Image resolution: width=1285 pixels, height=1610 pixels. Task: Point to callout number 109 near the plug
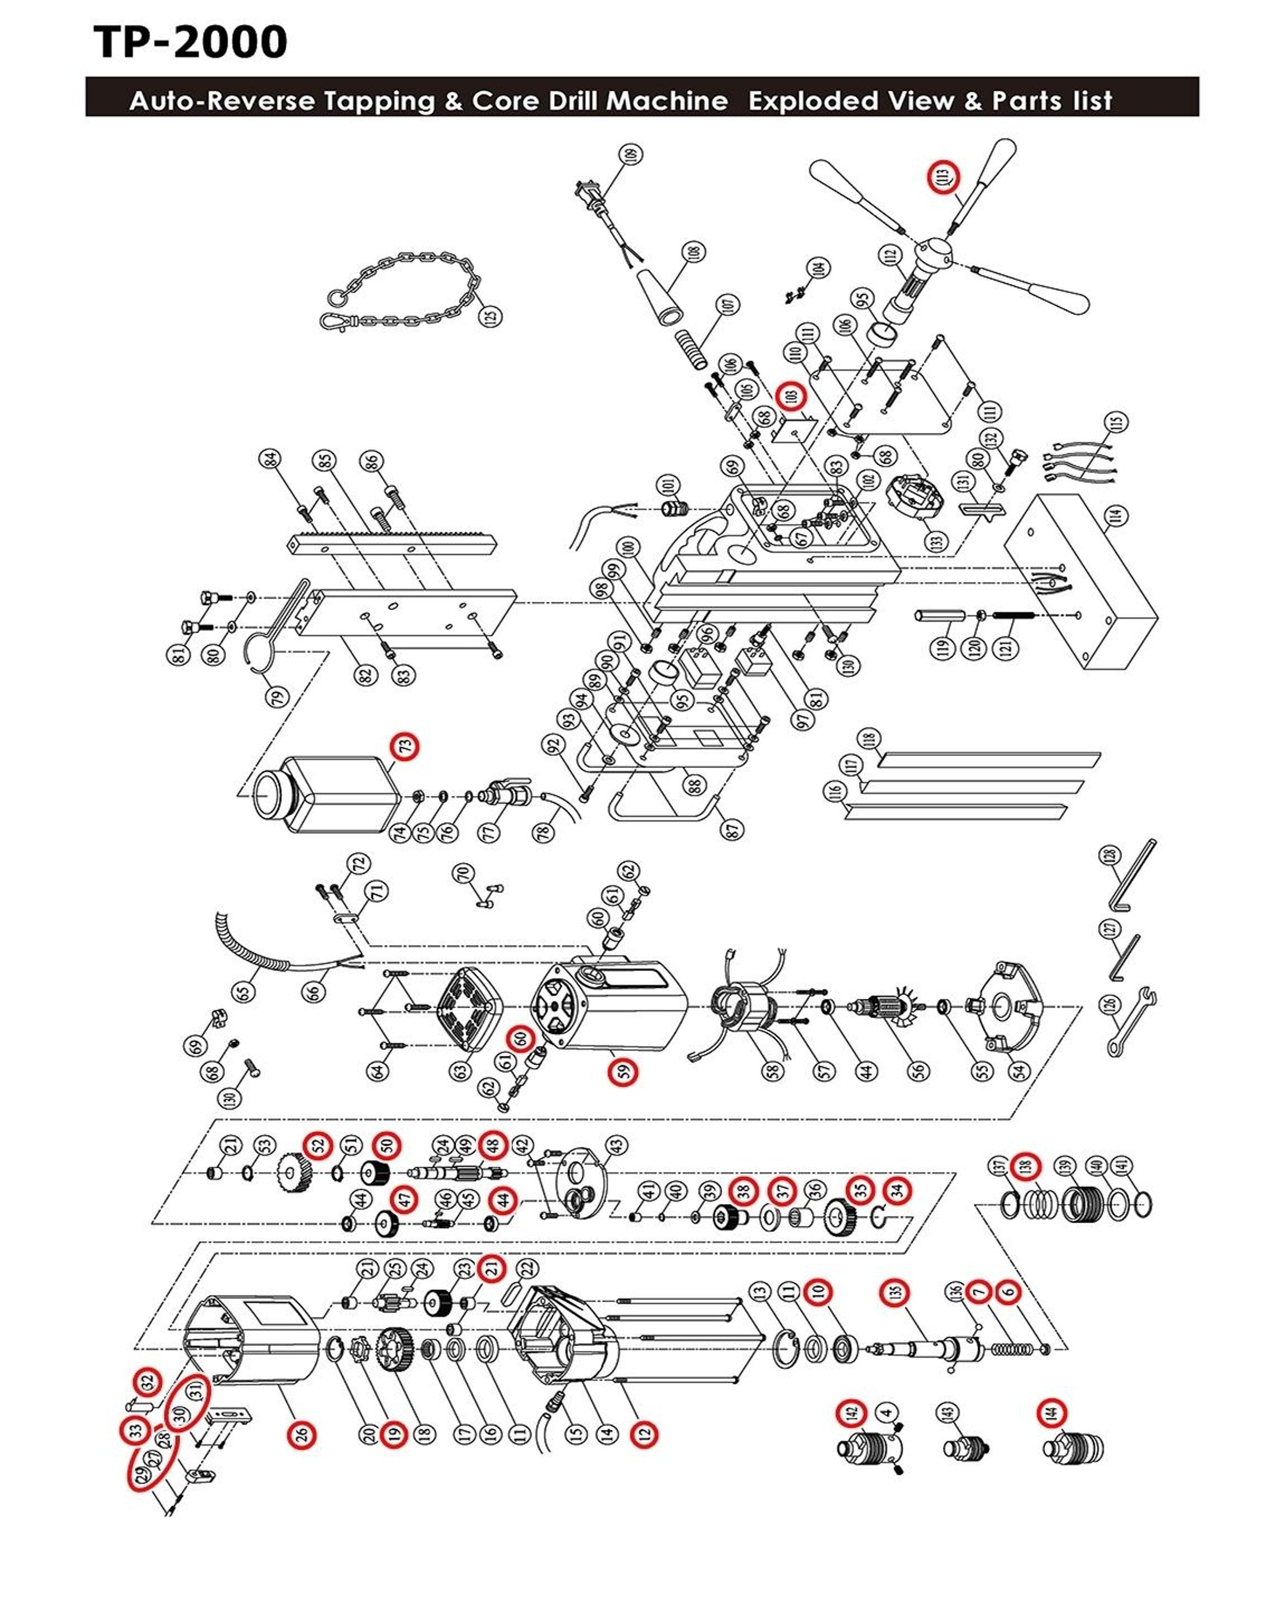coord(633,155)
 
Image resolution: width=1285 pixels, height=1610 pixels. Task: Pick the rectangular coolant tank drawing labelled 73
coord(329,794)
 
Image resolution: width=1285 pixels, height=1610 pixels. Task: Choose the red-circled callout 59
coord(622,1072)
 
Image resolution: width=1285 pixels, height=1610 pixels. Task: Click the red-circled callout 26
coord(301,1434)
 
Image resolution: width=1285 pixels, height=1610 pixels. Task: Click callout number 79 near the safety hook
coord(277,698)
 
